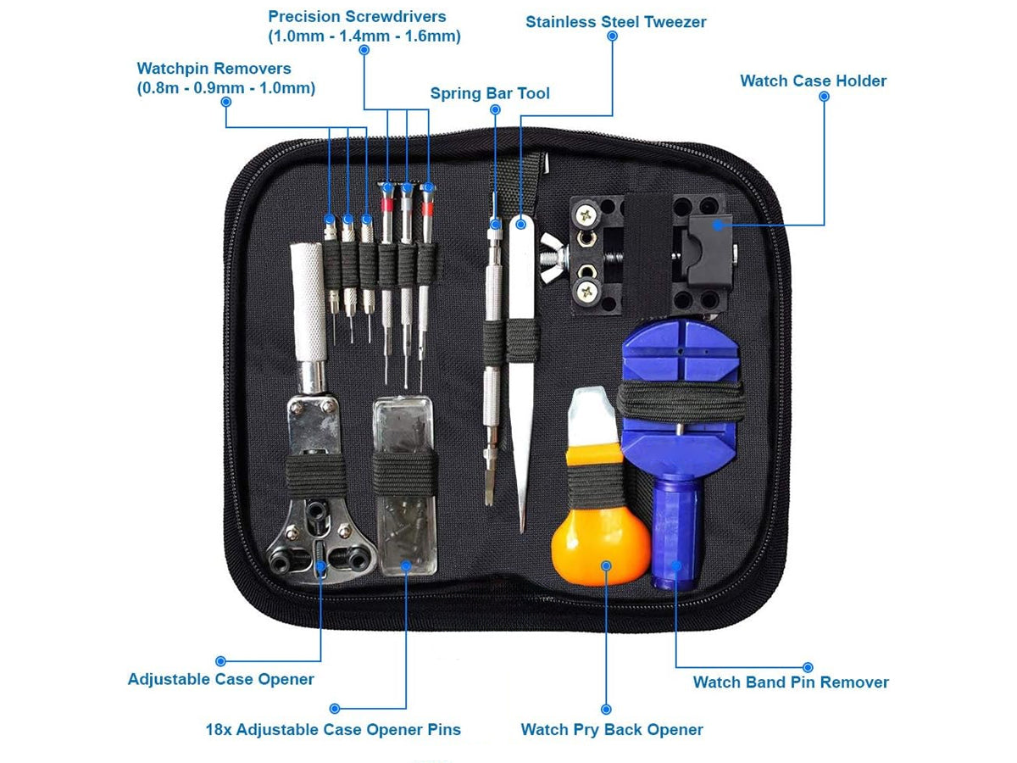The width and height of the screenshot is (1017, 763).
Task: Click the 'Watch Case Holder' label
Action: [813, 81]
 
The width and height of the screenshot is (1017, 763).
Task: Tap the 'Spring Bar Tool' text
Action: [490, 93]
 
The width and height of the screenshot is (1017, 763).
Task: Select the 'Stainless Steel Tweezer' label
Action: [616, 22]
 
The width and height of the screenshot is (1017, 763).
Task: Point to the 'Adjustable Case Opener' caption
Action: [221, 679]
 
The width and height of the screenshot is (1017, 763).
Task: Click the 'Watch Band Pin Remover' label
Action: [791, 682]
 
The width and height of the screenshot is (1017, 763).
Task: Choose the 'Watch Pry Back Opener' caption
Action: [612, 730]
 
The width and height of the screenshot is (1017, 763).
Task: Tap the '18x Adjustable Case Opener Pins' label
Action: [333, 730]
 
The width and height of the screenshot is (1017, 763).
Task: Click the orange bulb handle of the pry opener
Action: [601, 546]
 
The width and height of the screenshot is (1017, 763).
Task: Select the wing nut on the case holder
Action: [553, 258]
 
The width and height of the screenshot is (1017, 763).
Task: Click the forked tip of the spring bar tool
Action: [489, 501]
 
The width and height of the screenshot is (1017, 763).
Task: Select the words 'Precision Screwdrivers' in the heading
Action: [357, 17]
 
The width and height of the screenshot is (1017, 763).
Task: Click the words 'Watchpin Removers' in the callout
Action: [214, 69]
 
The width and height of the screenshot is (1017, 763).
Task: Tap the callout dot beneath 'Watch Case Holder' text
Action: [824, 97]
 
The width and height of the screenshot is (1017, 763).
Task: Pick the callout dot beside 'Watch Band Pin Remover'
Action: [808, 667]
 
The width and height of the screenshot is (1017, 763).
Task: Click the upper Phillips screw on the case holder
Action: [586, 214]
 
